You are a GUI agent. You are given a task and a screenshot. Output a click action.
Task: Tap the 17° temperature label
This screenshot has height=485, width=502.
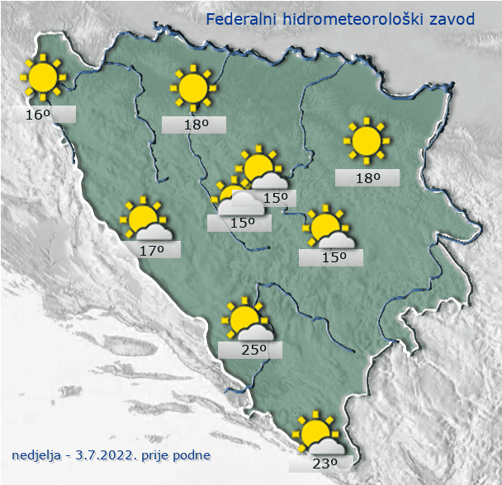[x=151, y=249]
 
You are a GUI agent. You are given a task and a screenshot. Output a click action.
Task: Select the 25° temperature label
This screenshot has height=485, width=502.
[x=251, y=350]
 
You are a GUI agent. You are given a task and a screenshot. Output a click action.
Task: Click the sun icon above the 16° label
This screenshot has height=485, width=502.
[x=41, y=78]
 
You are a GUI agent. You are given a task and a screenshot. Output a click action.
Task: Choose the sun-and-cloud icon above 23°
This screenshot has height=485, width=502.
[x=317, y=434]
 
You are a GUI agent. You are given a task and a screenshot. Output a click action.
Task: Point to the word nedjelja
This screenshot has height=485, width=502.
[x=38, y=454]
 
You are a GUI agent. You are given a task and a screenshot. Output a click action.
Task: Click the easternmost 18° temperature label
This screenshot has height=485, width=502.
[x=367, y=177]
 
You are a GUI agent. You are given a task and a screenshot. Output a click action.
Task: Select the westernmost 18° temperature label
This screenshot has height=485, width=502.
[x=194, y=125]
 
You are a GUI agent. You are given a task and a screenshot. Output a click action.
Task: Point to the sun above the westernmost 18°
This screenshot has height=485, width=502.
[x=192, y=86]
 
